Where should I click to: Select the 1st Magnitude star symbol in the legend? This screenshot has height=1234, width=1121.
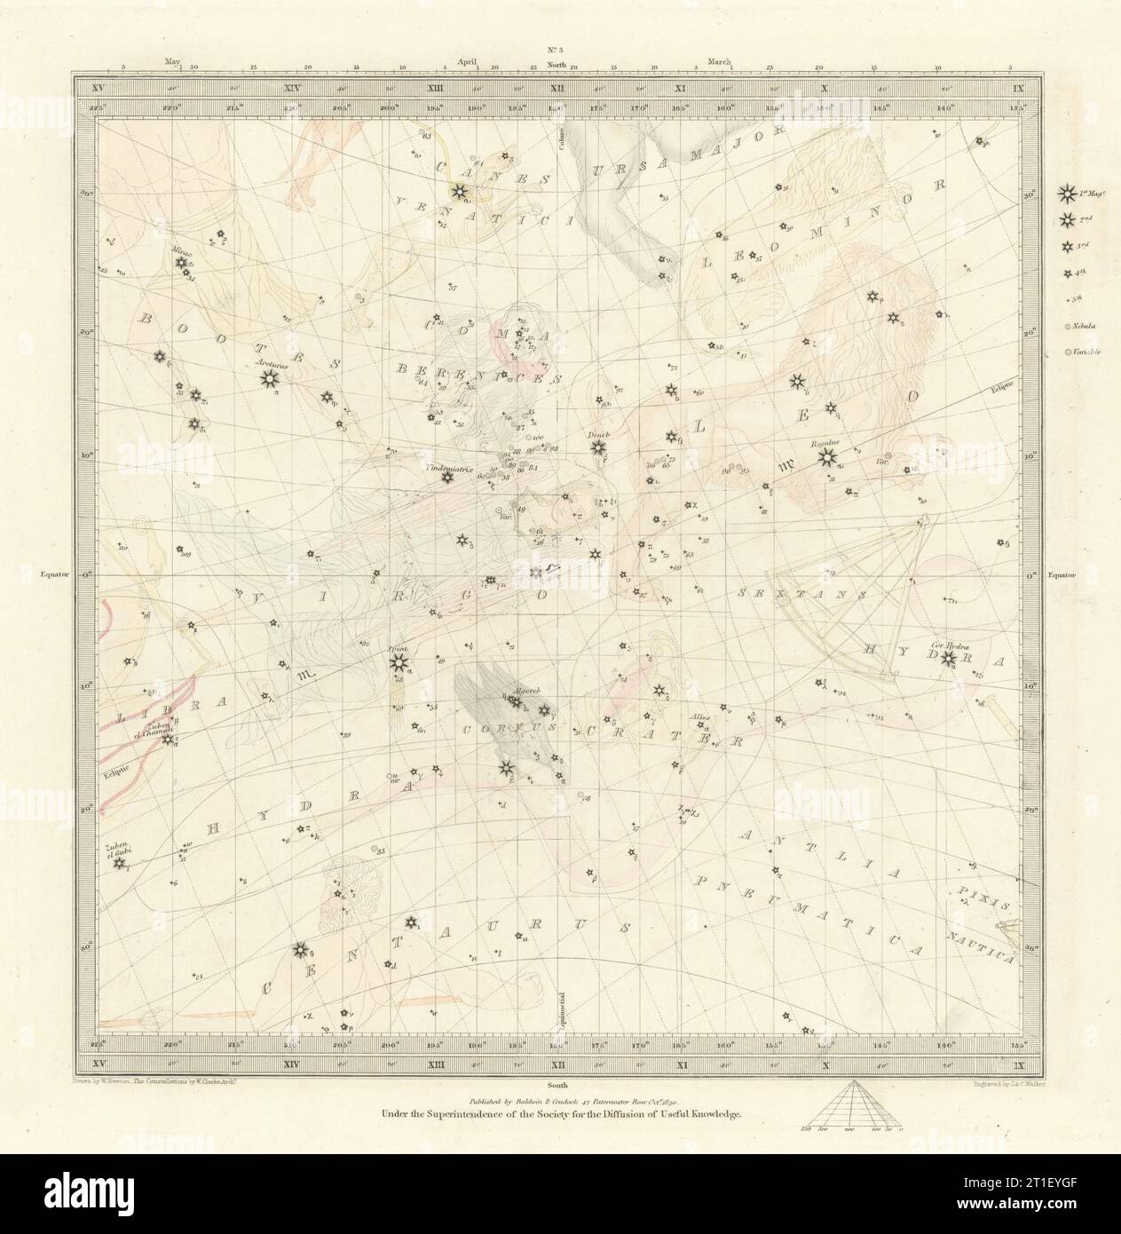[1066, 191]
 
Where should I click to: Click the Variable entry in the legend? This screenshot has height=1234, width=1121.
[1078, 352]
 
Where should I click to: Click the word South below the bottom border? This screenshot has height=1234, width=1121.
[557, 1085]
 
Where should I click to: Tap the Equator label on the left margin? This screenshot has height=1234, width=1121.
[57, 574]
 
